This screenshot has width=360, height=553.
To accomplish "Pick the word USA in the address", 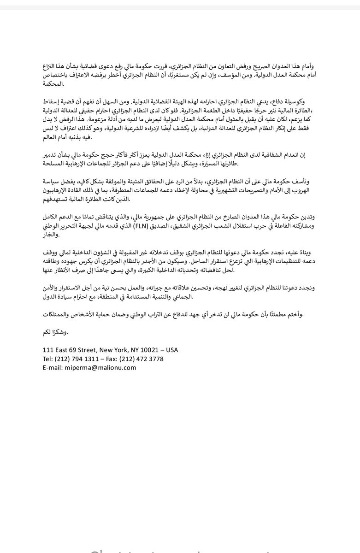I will tap(171, 350).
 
